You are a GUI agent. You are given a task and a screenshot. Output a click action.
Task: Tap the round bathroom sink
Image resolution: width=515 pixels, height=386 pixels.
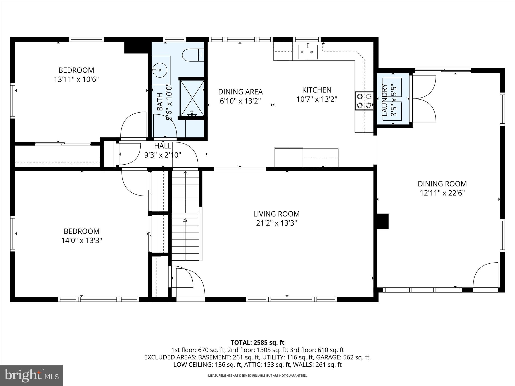point(159,70)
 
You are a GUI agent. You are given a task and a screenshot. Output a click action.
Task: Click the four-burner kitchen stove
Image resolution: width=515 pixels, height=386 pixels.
point(364,101)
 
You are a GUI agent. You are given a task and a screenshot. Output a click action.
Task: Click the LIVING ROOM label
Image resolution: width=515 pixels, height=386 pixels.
point(276,214)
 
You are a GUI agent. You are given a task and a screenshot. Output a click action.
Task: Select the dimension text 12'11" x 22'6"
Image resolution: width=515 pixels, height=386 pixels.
point(442,193)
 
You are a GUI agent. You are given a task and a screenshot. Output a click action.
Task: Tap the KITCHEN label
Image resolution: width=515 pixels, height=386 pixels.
point(317,90)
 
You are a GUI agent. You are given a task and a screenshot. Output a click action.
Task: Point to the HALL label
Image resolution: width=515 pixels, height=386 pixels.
point(163,146)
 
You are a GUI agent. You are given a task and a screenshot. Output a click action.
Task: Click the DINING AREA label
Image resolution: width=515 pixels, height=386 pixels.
point(240,92)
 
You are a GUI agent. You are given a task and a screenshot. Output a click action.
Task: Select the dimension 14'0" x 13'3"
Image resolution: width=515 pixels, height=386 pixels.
point(81,241)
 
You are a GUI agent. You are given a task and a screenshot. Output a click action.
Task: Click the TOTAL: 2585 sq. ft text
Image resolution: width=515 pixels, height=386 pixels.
point(257,343)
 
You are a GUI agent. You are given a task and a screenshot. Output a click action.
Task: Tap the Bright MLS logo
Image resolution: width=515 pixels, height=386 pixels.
point(31,375)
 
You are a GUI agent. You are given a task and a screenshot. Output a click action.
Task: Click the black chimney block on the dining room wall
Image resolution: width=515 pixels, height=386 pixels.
point(382,221)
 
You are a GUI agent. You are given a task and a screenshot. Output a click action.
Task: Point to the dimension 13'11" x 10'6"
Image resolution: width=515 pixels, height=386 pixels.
point(76,80)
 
